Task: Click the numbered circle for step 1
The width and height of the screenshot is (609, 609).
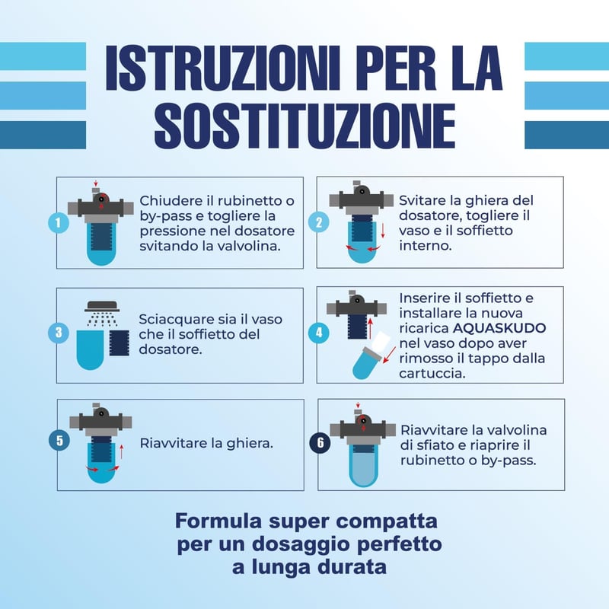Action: pyautogui.click(x=59, y=223)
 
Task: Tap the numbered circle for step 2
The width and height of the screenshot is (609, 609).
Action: pyautogui.click(x=318, y=222)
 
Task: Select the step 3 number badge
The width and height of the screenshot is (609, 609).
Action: pyautogui.click(x=59, y=333)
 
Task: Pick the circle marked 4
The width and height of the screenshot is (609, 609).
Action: pyautogui.click(x=318, y=333)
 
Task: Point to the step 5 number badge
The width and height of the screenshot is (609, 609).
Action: pyautogui.click(x=59, y=441)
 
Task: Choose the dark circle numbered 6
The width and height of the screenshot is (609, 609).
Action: pyautogui.click(x=320, y=443)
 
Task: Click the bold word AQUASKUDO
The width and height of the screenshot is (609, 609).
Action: pyautogui.click(x=499, y=328)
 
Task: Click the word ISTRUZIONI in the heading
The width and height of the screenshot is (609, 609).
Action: pyautogui.click(x=223, y=68)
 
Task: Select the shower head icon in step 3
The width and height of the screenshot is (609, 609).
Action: pyautogui.click(x=102, y=306)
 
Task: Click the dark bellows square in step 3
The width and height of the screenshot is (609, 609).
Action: pyautogui.click(x=119, y=343)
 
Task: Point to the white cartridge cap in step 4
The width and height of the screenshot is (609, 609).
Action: pyautogui.click(x=379, y=342)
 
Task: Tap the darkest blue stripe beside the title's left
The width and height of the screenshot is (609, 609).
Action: pyautogui.click(x=43, y=135)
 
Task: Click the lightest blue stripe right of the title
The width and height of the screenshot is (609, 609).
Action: pyautogui.click(x=566, y=56)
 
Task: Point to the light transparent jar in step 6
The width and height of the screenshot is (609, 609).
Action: pyautogui.click(x=363, y=465)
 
